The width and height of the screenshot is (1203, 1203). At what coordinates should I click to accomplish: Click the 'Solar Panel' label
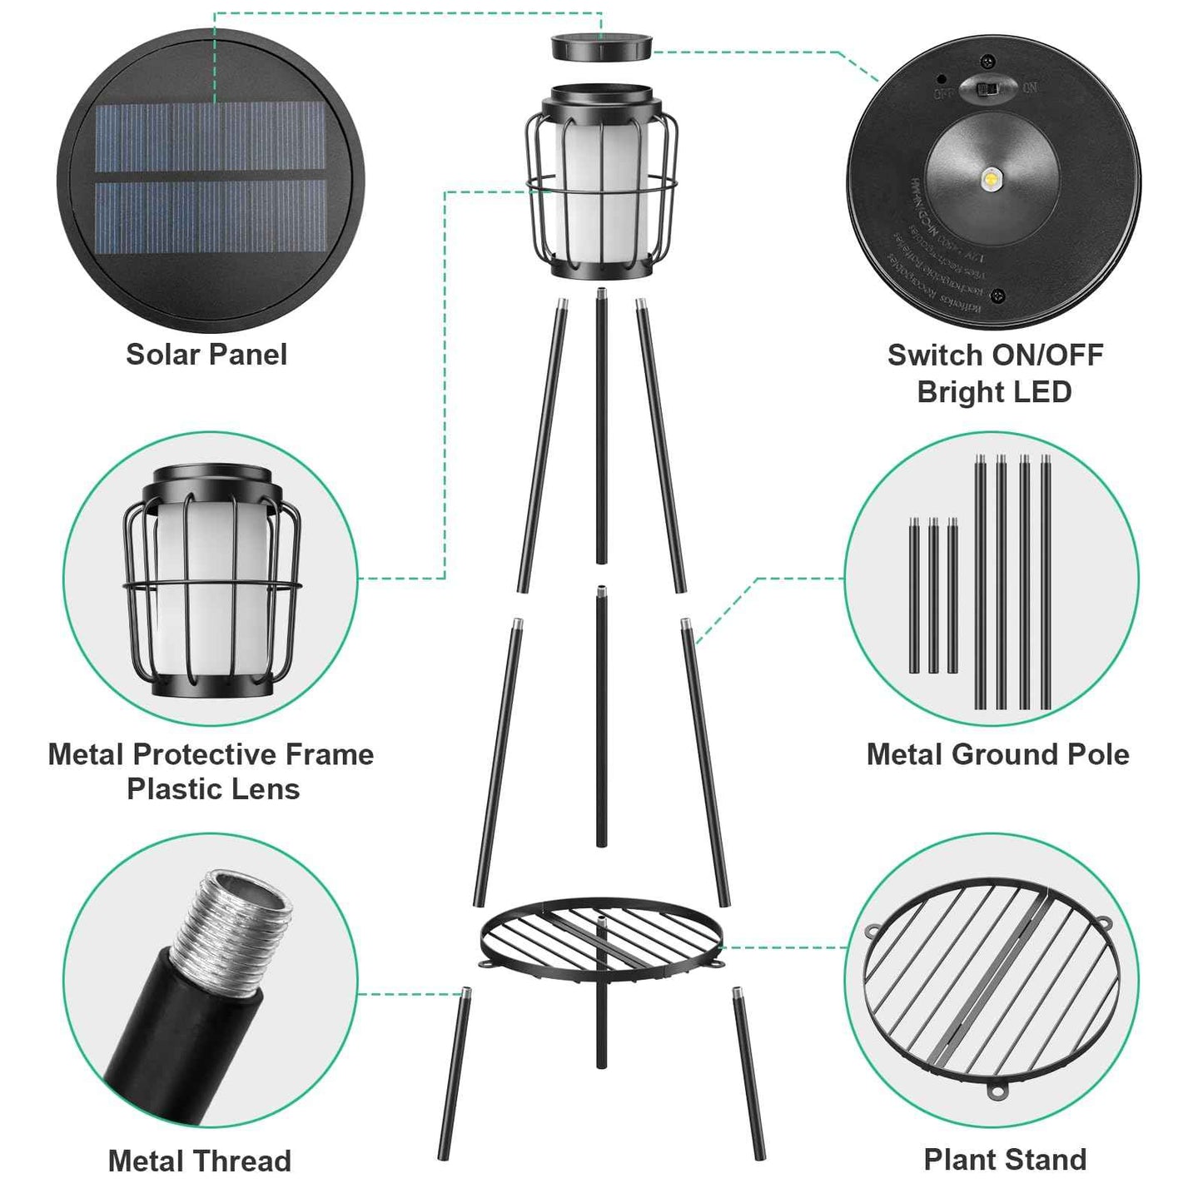[206, 355]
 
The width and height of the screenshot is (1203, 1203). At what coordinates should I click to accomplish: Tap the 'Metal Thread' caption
[200, 1161]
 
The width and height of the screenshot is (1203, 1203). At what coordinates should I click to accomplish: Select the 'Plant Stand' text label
[1005, 1160]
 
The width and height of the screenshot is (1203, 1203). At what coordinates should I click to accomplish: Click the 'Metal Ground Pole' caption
[997, 754]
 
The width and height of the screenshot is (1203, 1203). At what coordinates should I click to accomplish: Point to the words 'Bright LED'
[994, 392]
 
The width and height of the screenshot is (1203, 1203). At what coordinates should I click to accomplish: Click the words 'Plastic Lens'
[213, 789]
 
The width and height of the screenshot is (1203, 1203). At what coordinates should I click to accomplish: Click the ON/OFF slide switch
[988, 87]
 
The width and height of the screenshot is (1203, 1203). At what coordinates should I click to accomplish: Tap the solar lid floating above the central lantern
[601, 46]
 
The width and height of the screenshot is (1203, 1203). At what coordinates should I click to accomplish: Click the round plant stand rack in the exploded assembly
[601, 934]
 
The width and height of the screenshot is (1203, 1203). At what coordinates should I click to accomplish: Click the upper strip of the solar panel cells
[210, 137]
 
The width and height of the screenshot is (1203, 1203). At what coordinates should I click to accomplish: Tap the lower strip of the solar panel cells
[210, 216]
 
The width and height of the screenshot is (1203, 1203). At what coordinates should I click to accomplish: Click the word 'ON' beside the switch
[1031, 87]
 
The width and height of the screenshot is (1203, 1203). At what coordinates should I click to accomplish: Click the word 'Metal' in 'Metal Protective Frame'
[87, 754]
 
